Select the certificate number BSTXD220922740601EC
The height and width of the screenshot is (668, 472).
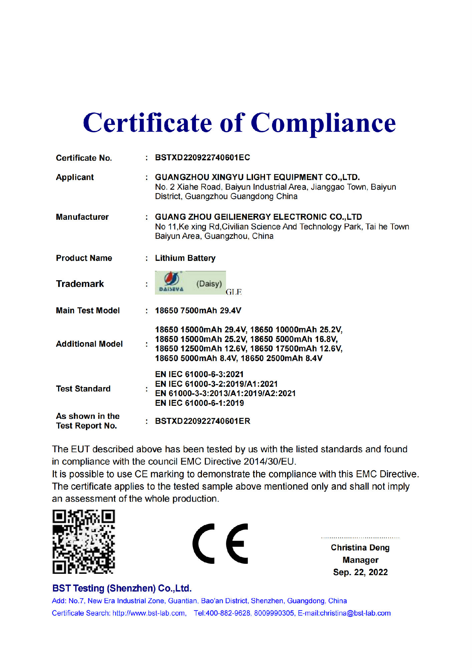pos(202,158)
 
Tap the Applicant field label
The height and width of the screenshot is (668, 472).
pos(75,177)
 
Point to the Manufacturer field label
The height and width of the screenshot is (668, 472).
pos(82,217)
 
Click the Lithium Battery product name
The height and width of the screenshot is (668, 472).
pos(185,258)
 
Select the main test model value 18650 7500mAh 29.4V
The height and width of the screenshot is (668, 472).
pos(198,311)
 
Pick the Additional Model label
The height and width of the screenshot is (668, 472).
pos(89,344)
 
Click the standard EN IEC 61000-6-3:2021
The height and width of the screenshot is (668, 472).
pos(199,374)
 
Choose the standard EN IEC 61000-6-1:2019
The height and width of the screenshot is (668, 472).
pos(199,403)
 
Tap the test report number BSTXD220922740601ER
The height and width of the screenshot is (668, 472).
pos(203,421)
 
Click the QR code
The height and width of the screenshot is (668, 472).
pos(83,542)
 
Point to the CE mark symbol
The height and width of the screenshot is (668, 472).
pos(220,543)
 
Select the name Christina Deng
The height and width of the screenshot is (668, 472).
pos(360,548)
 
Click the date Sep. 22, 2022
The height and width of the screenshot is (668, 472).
pos(360,572)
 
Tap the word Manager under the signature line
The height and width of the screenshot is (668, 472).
pos(360,560)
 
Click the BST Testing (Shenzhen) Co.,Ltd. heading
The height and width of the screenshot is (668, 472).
pos(122,589)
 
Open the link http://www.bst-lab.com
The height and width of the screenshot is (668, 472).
pos(149,613)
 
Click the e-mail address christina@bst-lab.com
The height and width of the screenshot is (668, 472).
pos(355,613)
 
